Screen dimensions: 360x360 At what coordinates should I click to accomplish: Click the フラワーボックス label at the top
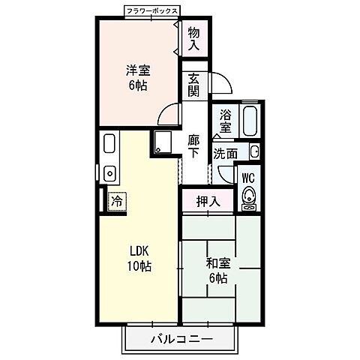152,10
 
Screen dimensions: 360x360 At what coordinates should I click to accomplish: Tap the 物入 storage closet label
194,38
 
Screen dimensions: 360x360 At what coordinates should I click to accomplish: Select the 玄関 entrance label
194,85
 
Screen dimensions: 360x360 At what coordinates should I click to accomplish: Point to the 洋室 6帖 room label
138,78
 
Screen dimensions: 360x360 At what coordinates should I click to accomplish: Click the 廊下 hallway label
194,146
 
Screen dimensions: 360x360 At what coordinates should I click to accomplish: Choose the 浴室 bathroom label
225,121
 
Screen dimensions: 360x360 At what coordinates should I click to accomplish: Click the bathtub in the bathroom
250,121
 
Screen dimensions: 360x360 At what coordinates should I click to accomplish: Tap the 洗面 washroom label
226,154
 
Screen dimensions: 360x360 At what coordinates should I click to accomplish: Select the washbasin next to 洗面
255,151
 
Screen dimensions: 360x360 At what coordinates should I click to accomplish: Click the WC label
248,178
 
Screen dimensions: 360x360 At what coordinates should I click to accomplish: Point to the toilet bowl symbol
249,196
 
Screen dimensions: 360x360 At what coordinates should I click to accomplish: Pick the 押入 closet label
208,202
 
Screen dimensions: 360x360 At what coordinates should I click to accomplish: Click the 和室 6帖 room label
218,271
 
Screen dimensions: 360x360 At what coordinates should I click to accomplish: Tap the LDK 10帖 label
139,259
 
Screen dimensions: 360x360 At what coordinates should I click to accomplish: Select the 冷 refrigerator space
117,201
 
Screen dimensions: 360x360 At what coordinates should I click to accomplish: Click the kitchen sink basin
109,173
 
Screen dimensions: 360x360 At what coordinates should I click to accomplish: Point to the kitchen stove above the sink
109,143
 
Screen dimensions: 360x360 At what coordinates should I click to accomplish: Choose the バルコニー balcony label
182,339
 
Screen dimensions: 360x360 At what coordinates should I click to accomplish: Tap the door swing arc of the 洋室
166,112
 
